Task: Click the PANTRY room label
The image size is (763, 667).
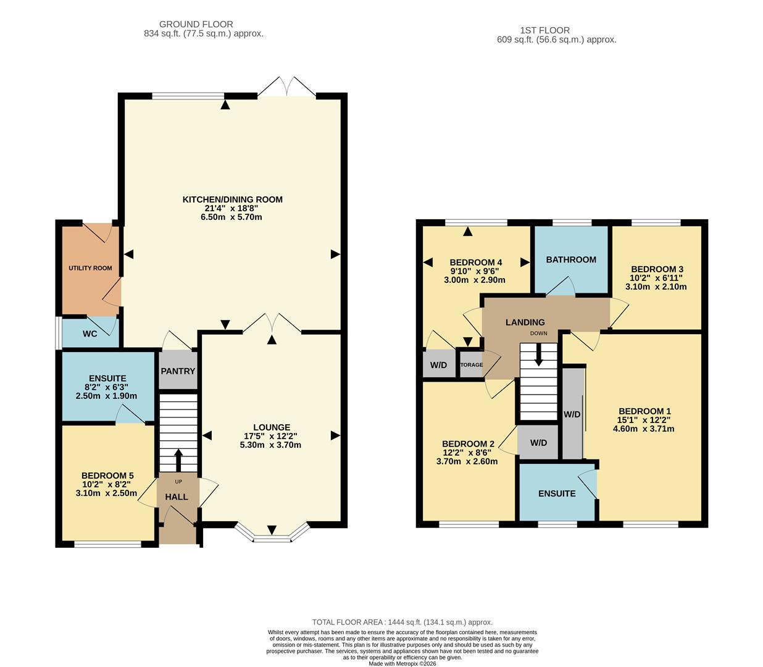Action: pyautogui.click(x=178, y=371)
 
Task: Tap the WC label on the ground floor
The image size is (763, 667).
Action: pyautogui.click(x=90, y=334)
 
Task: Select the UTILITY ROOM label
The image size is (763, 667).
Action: pyautogui.click(x=90, y=268)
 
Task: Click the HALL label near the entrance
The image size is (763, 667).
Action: pyautogui.click(x=176, y=497)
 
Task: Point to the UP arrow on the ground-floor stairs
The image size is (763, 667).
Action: pyautogui.click(x=178, y=459)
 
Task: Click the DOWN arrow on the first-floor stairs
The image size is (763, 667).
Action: pyautogui.click(x=539, y=354)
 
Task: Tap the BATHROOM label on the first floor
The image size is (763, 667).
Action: pyautogui.click(x=571, y=259)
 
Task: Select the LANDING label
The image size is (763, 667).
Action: pyautogui.click(x=525, y=322)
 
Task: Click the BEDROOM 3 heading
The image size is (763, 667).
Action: pyautogui.click(x=657, y=269)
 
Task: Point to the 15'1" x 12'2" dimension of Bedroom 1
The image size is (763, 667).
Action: pyautogui.click(x=644, y=420)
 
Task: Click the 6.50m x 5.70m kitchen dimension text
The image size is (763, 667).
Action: pyautogui.click(x=232, y=217)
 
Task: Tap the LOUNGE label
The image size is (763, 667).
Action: pyautogui.click(x=272, y=427)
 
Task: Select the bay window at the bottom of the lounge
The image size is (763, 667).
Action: pyautogui.click(x=272, y=535)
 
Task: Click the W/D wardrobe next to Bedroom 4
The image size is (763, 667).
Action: pyautogui.click(x=438, y=365)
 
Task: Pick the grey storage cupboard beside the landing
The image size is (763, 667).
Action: pyautogui.click(x=472, y=364)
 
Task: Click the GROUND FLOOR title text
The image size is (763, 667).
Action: pyautogui.click(x=196, y=24)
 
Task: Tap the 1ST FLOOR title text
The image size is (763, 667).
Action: pyautogui.click(x=545, y=30)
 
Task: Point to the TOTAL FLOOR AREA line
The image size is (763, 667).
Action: pyautogui.click(x=402, y=623)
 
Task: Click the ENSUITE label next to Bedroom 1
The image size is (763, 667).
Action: pyautogui.click(x=557, y=493)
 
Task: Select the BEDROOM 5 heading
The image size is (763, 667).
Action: pyautogui.click(x=107, y=476)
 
